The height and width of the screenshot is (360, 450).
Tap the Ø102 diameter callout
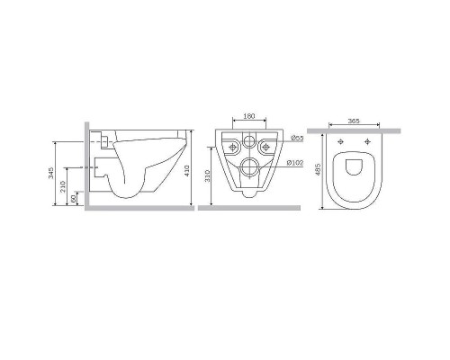point(294,163)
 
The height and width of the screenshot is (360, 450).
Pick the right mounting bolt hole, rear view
point(265,144)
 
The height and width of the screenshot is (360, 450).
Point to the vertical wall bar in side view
point(88,166)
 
